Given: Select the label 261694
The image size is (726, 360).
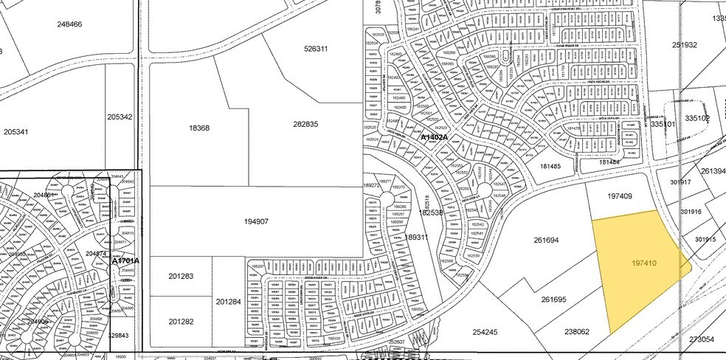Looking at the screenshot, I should pyautogui.click(x=547, y=240).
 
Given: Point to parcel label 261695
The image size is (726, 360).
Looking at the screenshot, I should pyautogui.click(x=553, y=300).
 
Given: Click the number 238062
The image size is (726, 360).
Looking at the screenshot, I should pyautogui.click(x=576, y=332).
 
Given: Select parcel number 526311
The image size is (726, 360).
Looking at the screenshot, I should pyautogui.click(x=315, y=49).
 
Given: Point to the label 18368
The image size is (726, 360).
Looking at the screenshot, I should pyautogui.click(x=199, y=128).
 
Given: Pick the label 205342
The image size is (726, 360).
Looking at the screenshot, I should pyautogui.click(x=120, y=117).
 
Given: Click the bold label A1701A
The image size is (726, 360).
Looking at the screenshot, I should pyautogui.click(x=125, y=261).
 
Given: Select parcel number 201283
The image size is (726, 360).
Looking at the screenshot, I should pyautogui.click(x=181, y=277).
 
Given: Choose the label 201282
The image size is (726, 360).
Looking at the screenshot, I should pyautogui.click(x=181, y=322).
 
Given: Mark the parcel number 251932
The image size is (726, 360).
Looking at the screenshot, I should pyautogui.click(x=684, y=45).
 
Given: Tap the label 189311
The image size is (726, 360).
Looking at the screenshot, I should pyautogui.click(x=417, y=238).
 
